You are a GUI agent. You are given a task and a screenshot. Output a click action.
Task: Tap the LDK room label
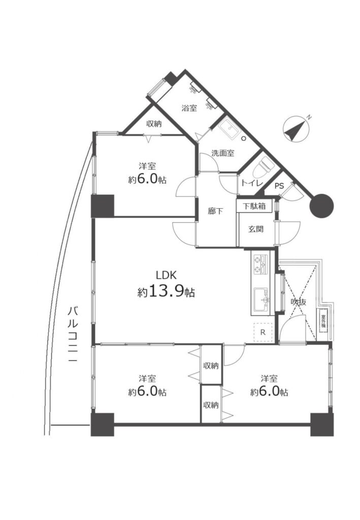[167, 275]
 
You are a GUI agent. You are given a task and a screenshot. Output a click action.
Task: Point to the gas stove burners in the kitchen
[260, 264]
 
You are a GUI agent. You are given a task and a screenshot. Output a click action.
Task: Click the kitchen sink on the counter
[262, 300]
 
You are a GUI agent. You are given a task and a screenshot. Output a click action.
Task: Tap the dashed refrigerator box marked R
[263, 332]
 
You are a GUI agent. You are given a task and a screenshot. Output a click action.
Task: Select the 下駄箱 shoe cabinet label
[254, 206]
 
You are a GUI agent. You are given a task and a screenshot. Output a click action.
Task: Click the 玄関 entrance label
[256, 229]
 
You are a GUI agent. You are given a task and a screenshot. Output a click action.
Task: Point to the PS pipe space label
[279, 186]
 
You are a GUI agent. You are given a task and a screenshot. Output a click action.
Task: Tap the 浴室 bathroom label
[189, 108]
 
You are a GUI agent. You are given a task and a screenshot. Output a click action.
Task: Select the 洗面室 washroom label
[223, 153]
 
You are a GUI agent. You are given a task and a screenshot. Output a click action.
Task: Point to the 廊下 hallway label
[215, 211]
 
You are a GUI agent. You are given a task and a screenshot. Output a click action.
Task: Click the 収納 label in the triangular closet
[154, 124]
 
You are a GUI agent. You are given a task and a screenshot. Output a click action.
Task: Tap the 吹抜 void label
[299, 302]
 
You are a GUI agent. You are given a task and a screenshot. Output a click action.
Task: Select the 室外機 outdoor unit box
[323, 320]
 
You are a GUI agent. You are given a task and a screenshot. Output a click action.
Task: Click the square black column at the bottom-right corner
[322, 425]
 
